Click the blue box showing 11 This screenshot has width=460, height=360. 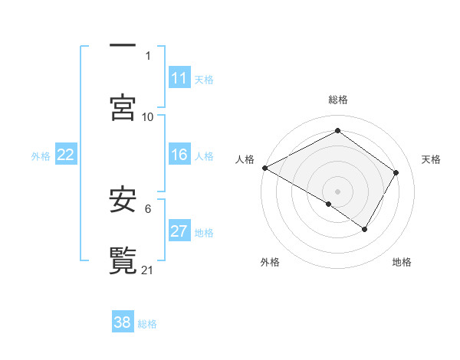[x=179, y=78]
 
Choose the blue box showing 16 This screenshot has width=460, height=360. [x=179, y=155]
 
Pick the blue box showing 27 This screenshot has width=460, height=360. [x=179, y=232]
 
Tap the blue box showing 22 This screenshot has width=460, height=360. [x=66, y=155]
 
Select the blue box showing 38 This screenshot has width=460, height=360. [x=123, y=322]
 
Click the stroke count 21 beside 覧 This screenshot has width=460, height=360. [x=148, y=270]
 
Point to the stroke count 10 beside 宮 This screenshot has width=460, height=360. [x=148, y=116]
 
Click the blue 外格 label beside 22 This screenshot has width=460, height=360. [x=41, y=155]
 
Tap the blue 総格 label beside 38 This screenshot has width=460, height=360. [x=147, y=323]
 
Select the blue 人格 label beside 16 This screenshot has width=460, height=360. [x=204, y=155]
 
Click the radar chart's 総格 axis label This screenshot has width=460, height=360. [x=338, y=100]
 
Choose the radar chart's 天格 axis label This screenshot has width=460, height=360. [x=432, y=159]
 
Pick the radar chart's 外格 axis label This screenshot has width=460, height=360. [x=270, y=262]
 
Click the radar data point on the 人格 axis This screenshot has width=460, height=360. [x=264, y=168]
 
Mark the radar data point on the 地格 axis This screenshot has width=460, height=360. [x=365, y=229]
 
